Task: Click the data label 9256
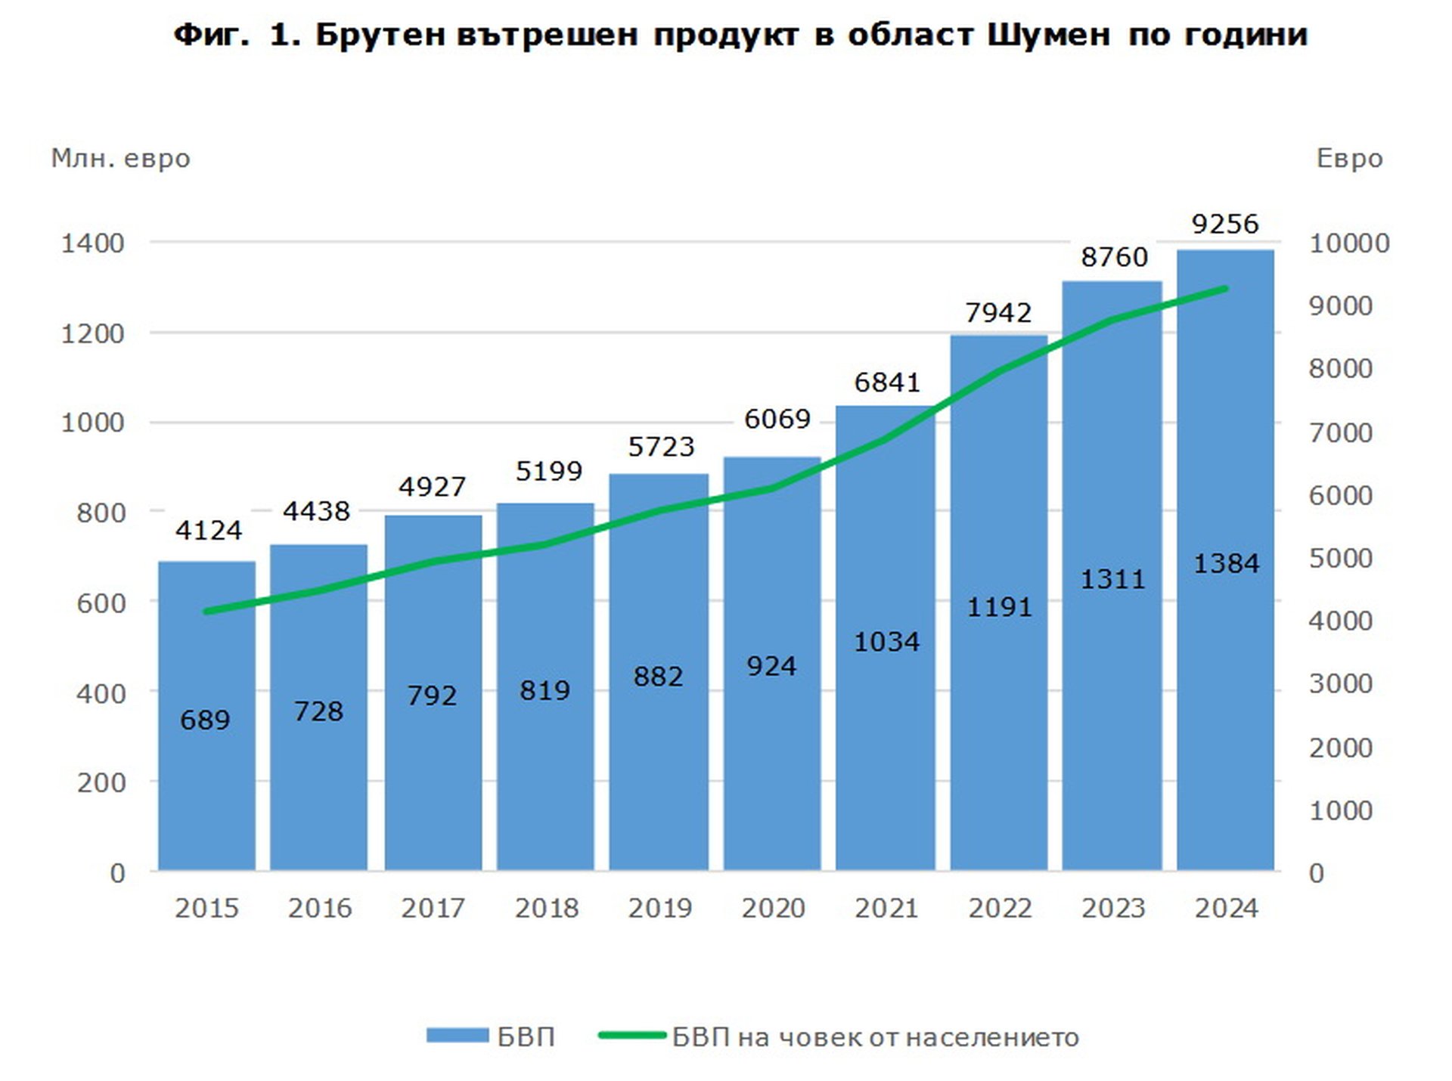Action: [1225, 224]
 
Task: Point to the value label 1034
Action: [886, 642]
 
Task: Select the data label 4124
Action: [209, 530]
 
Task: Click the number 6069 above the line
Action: [777, 418]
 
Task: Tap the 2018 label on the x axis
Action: [546, 908]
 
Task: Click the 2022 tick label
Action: [1000, 908]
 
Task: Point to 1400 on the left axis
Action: [92, 243]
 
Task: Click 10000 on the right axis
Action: [1349, 243]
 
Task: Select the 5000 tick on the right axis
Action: [1341, 558]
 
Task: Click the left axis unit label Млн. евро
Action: [120, 159]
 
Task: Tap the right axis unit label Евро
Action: [1349, 159]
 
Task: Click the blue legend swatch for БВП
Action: [457, 1036]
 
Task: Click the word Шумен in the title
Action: [1049, 35]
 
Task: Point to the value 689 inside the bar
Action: [205, 720]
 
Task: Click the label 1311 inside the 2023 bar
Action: [1112, 579]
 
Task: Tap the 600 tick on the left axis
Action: [101, 603]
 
